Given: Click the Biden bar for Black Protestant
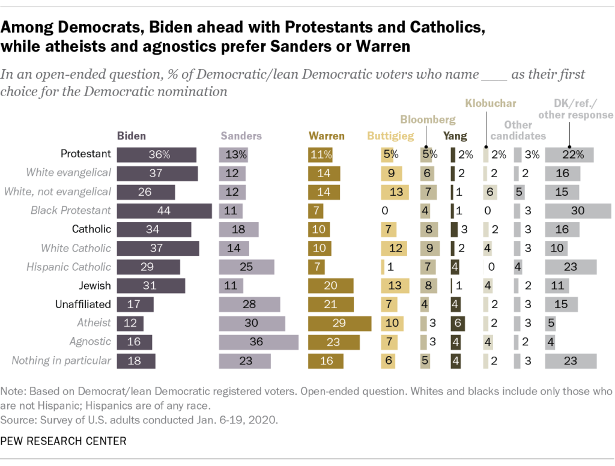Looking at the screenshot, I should click(164, 211).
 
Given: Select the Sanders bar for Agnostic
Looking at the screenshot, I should click(258, 342).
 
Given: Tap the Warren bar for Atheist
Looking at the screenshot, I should click(339, 323).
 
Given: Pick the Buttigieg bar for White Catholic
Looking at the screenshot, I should click(394, 248).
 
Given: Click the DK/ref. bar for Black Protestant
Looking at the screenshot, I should click(577, 211).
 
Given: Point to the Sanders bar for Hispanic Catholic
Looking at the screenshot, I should click(246, 267).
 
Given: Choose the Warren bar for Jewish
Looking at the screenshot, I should click(330, 286).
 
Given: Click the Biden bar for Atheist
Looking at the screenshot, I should click(130, 323).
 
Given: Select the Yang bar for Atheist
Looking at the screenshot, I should click(456, 323).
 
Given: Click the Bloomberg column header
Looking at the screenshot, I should click(429, 120).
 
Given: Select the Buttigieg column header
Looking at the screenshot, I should click(391, 136).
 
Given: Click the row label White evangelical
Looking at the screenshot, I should click(68, 173).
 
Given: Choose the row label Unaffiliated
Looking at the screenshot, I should click(83, 304).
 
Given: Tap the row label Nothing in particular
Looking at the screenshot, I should click(62, 360).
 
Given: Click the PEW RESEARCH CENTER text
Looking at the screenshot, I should click(64, 441).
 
